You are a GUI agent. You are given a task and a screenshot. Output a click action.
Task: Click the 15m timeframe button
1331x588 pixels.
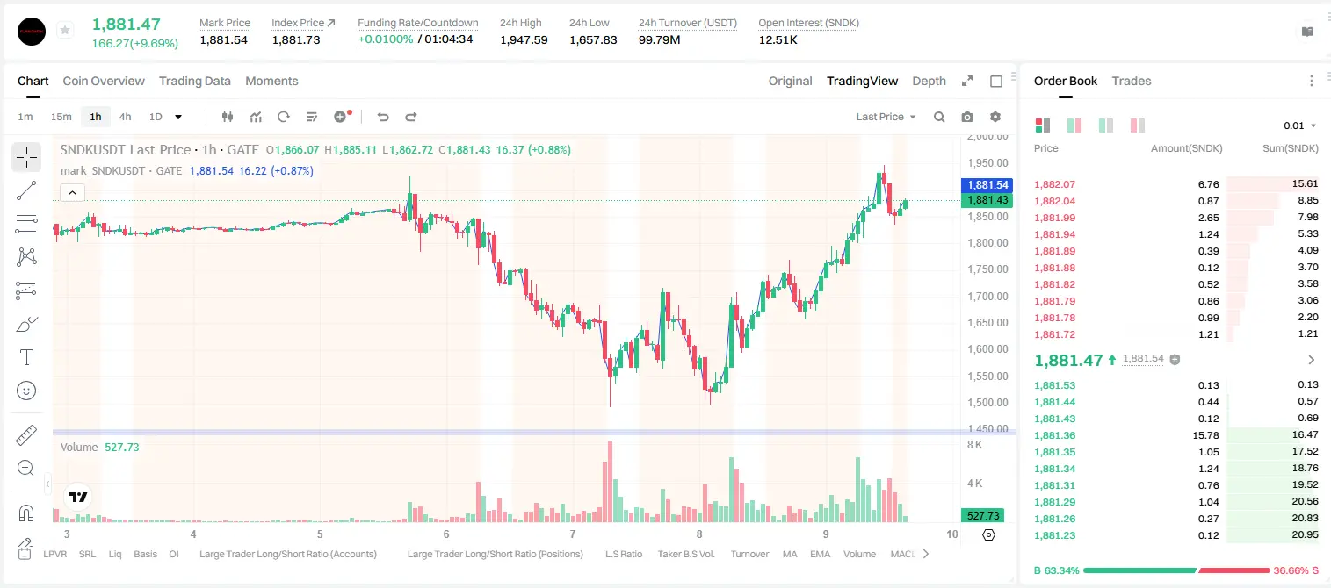pos(61,117)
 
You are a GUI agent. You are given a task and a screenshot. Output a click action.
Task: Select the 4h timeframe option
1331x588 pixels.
pos(125,117)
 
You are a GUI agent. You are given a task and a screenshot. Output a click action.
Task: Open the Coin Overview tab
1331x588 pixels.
pos(104,81)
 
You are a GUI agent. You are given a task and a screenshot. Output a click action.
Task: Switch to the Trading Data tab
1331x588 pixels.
pos(195,81)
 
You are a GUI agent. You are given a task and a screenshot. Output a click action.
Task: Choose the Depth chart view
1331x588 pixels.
pos(929,81)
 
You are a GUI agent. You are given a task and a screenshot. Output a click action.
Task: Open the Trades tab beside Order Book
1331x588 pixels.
pos(1132,81)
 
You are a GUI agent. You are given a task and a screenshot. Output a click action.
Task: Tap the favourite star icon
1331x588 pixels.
pos(65,30)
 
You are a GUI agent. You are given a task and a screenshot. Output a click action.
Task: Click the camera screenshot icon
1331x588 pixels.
pos(967,117)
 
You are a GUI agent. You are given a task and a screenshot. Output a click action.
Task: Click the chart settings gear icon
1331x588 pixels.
pos(995,117)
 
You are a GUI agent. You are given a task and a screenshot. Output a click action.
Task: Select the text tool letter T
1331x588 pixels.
pos(26,357)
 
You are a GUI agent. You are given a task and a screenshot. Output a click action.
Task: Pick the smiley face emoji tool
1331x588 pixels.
pos(26,391)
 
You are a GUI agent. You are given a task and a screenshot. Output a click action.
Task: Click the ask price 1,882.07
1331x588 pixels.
pos(1055,184)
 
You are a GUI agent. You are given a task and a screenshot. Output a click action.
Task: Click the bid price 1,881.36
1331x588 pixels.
pos(1055,435)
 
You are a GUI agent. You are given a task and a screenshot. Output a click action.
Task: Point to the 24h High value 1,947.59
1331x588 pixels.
pos(524,39)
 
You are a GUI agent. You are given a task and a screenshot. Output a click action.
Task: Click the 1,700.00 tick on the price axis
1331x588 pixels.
pos(987,296)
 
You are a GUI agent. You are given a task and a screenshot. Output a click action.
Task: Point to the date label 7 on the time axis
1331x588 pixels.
pos(572,534)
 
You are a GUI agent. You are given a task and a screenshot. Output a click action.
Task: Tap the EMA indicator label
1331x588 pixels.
pos(820,554)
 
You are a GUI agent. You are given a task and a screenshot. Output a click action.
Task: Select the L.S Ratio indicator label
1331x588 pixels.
pos(624,554)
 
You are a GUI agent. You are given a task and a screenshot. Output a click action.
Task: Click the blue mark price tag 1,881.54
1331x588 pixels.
pos(987,185)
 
